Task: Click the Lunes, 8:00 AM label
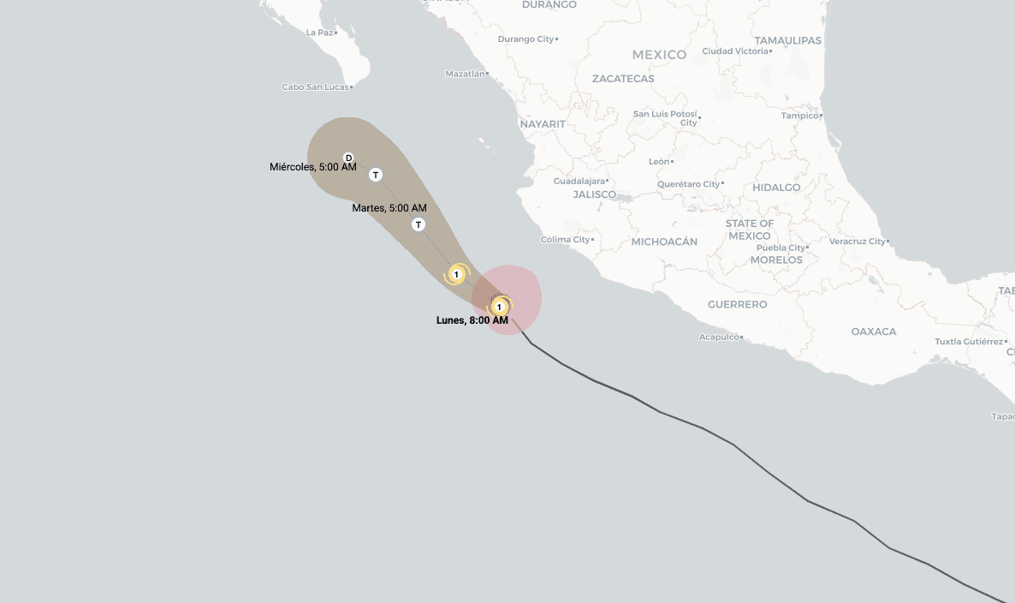click(472, 320)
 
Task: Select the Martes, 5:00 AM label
click(389, 208)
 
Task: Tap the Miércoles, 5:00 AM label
click(312, 167)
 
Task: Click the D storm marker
click(348, 158)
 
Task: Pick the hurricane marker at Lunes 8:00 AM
click(499, 306)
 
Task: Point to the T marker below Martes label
click(418, 224)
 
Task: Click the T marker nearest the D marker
click(375, 175)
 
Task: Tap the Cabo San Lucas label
click(315, 87)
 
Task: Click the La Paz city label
click(319, 33)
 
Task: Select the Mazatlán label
click(465, 75)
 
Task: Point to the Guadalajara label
click(579, 182)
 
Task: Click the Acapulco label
click(718, 337)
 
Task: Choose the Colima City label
click(566, 240)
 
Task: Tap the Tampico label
click(799, 116)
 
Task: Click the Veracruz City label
click(857, 242)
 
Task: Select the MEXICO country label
click(659, 55)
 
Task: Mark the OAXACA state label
click(874, 331)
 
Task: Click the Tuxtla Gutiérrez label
click(968, 342)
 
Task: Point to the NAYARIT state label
click(543, 124)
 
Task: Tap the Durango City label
click(525, 39)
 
